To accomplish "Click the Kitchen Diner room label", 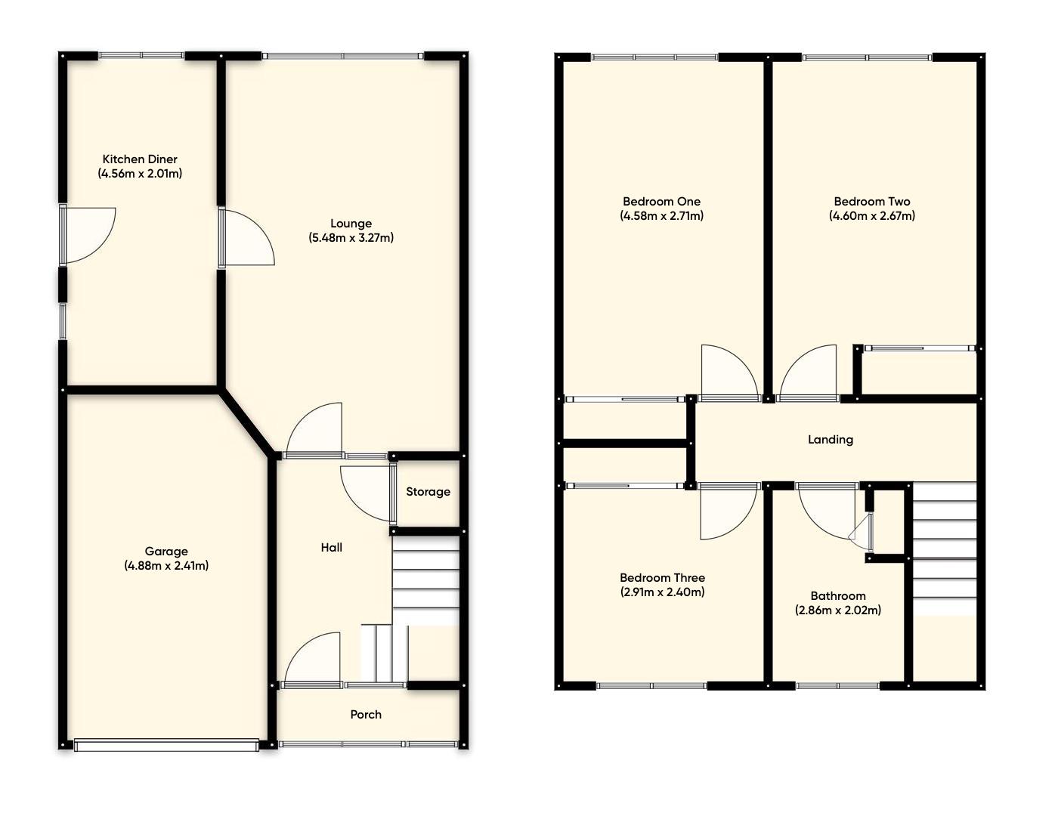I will (140, 159).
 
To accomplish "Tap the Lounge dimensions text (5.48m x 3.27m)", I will (351, 238).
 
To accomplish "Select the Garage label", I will (166, 552).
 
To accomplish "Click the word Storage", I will (428, 492).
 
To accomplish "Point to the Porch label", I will (366, 715).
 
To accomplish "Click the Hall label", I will (331, 548).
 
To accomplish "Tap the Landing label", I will (831, 440).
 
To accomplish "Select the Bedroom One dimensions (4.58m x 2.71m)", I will (661, 216).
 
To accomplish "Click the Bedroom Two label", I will (871, 202).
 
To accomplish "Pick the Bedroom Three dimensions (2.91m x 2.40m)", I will (662, 592).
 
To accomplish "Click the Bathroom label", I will (838, 596).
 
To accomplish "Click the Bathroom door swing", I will (828, 509).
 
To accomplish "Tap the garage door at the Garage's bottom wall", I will (166, 745).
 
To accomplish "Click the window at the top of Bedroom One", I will (654, 57).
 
